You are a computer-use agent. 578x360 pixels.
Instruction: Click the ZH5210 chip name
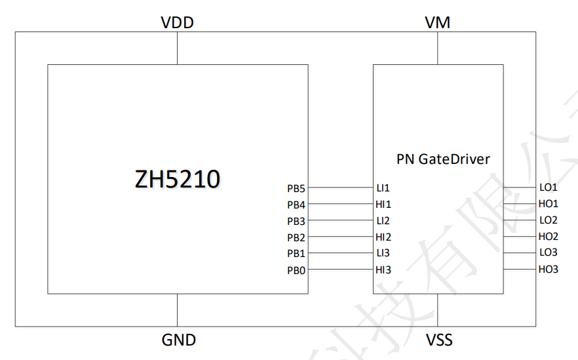click(177, 178)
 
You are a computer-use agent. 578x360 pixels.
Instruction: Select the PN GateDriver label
click(443, 159)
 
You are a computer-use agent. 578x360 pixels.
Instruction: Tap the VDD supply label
click(177, 23)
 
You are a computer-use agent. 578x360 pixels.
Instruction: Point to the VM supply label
click(437, 23)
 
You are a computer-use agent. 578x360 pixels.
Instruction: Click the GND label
click(178, 340)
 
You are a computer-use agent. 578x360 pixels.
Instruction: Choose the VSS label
click(438, 340)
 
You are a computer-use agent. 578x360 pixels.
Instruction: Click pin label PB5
click(296, 188)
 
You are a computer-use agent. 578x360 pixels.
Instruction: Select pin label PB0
click(296, 270)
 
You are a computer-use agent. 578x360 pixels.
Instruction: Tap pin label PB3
click(296, 221)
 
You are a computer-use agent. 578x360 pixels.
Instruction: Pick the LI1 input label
click(383, 188)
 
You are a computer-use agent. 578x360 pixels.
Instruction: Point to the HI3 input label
click(383, 270)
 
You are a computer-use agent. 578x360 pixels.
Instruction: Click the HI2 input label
click(383, 237)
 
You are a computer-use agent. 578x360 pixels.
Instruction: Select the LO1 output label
click(549, 188)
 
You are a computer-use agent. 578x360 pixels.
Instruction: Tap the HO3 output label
click(549, 269)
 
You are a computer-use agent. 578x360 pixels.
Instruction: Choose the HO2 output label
click(549, 236)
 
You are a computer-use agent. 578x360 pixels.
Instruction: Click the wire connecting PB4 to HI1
click(340, 204)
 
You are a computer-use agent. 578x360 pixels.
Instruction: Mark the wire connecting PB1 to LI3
click(340, 253)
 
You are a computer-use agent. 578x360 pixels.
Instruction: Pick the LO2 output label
click(549, 220)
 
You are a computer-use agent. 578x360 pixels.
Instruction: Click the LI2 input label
click(383, 221)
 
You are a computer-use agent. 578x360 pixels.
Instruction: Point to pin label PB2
click(296, 237)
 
